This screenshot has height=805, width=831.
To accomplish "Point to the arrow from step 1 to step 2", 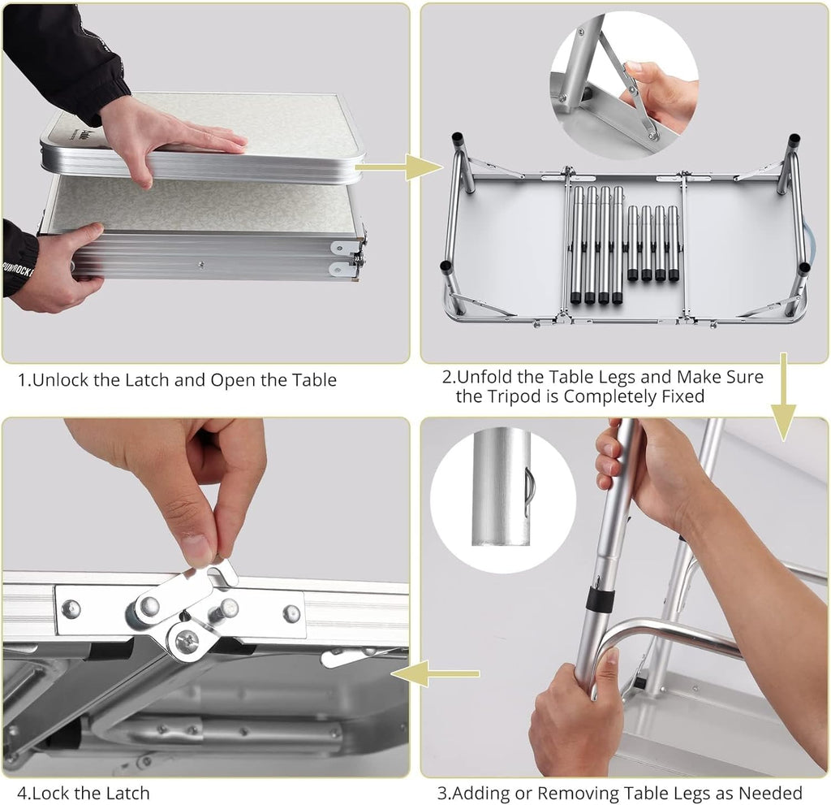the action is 398,167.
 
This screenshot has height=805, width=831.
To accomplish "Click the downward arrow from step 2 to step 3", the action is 783,396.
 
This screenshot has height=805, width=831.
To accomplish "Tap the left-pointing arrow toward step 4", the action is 436,674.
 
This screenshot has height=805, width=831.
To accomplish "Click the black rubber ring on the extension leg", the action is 598,599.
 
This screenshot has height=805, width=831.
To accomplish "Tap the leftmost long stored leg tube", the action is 577,245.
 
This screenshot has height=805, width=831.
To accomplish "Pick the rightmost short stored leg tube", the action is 673,243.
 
